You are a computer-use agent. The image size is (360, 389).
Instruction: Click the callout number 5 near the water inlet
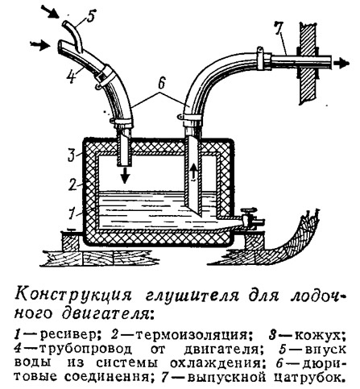pyautogui.click(x=90, y=16)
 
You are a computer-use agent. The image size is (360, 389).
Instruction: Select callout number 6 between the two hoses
pyautogui.click(x=161, y=83)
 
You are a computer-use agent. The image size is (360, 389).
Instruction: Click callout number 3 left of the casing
pyautogui.click(x=71, y=155)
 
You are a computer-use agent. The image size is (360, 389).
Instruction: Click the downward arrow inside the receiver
pyautogui.click(x=124, y=175)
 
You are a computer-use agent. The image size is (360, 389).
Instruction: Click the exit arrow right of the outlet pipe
pyautogui.click(x=341, y=64)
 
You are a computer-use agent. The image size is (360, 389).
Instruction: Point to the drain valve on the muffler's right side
pyautogui.click(x=250, y=218)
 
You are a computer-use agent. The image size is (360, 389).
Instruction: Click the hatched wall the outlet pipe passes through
pyautogui.click(x=309, y=64)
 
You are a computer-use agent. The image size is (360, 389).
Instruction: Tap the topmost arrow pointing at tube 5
pyautogui.click(x=51, y=11)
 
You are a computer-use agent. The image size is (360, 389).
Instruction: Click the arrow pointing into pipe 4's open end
pyautogui.click(x=40, y=44)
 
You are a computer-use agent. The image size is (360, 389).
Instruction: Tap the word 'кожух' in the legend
pyautogui.click(x=317, y=336)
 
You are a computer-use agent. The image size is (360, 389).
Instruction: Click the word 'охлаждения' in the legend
pyautogui.click(x=214, y=364)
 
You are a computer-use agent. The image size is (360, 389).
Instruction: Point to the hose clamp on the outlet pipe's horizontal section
pyautogui.click(x=261, y=59)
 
